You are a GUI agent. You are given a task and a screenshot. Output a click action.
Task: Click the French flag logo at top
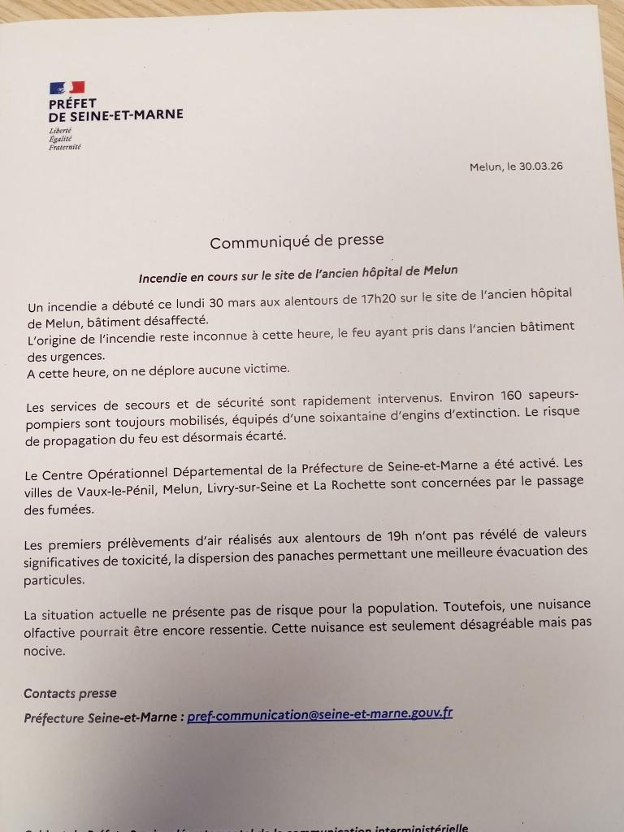67,88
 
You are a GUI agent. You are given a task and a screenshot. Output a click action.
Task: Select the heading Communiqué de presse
297,242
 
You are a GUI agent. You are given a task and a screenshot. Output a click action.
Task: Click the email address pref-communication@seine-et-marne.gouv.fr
319,715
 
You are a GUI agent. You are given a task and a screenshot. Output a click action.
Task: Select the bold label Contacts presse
70,693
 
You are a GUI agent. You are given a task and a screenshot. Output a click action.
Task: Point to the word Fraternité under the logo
64,147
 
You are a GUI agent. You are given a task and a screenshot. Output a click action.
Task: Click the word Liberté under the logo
60,132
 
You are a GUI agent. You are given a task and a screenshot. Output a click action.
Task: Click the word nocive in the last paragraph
43,651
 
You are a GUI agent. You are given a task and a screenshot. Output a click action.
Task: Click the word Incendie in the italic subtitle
164,277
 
